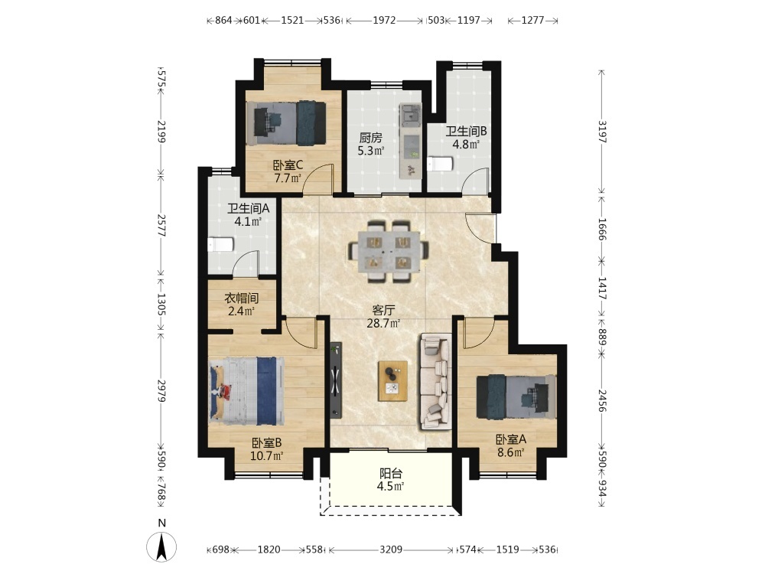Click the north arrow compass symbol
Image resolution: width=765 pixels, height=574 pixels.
click(x=161, y=546)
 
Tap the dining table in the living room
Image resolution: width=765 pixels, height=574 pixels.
click(x=389, y=251)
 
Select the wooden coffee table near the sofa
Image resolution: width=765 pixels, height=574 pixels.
click(x=392, y=380)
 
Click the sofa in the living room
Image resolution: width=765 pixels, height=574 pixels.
click(x=435, y=381)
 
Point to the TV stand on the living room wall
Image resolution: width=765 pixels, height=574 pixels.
click(x=336, y=380)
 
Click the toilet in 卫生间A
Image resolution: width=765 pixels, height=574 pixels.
click(x=220, y=244)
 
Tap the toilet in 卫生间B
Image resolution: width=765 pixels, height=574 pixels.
click(x=441, y=164)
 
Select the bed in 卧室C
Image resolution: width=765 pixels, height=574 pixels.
click(x=286, y=122)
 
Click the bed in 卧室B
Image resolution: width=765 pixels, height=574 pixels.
click(x=247, y=390)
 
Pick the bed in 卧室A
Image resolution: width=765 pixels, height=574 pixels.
click(x=516, y=396)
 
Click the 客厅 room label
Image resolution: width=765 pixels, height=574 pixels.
click(x=383, y=311)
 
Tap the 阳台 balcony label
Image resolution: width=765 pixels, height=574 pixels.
click(x=391, y=474)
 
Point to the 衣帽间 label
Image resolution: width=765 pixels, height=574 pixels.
click(x=241, y=298)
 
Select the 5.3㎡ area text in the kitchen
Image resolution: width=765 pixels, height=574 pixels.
click(x=371, y=151)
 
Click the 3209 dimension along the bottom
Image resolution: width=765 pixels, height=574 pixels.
click(x=391, y=550)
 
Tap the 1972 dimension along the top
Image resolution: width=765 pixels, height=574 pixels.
click(x=384, y=20)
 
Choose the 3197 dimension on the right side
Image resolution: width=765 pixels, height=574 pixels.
click(x=602, y=132)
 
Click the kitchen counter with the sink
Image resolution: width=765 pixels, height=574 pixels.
click(x=410, y=141)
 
